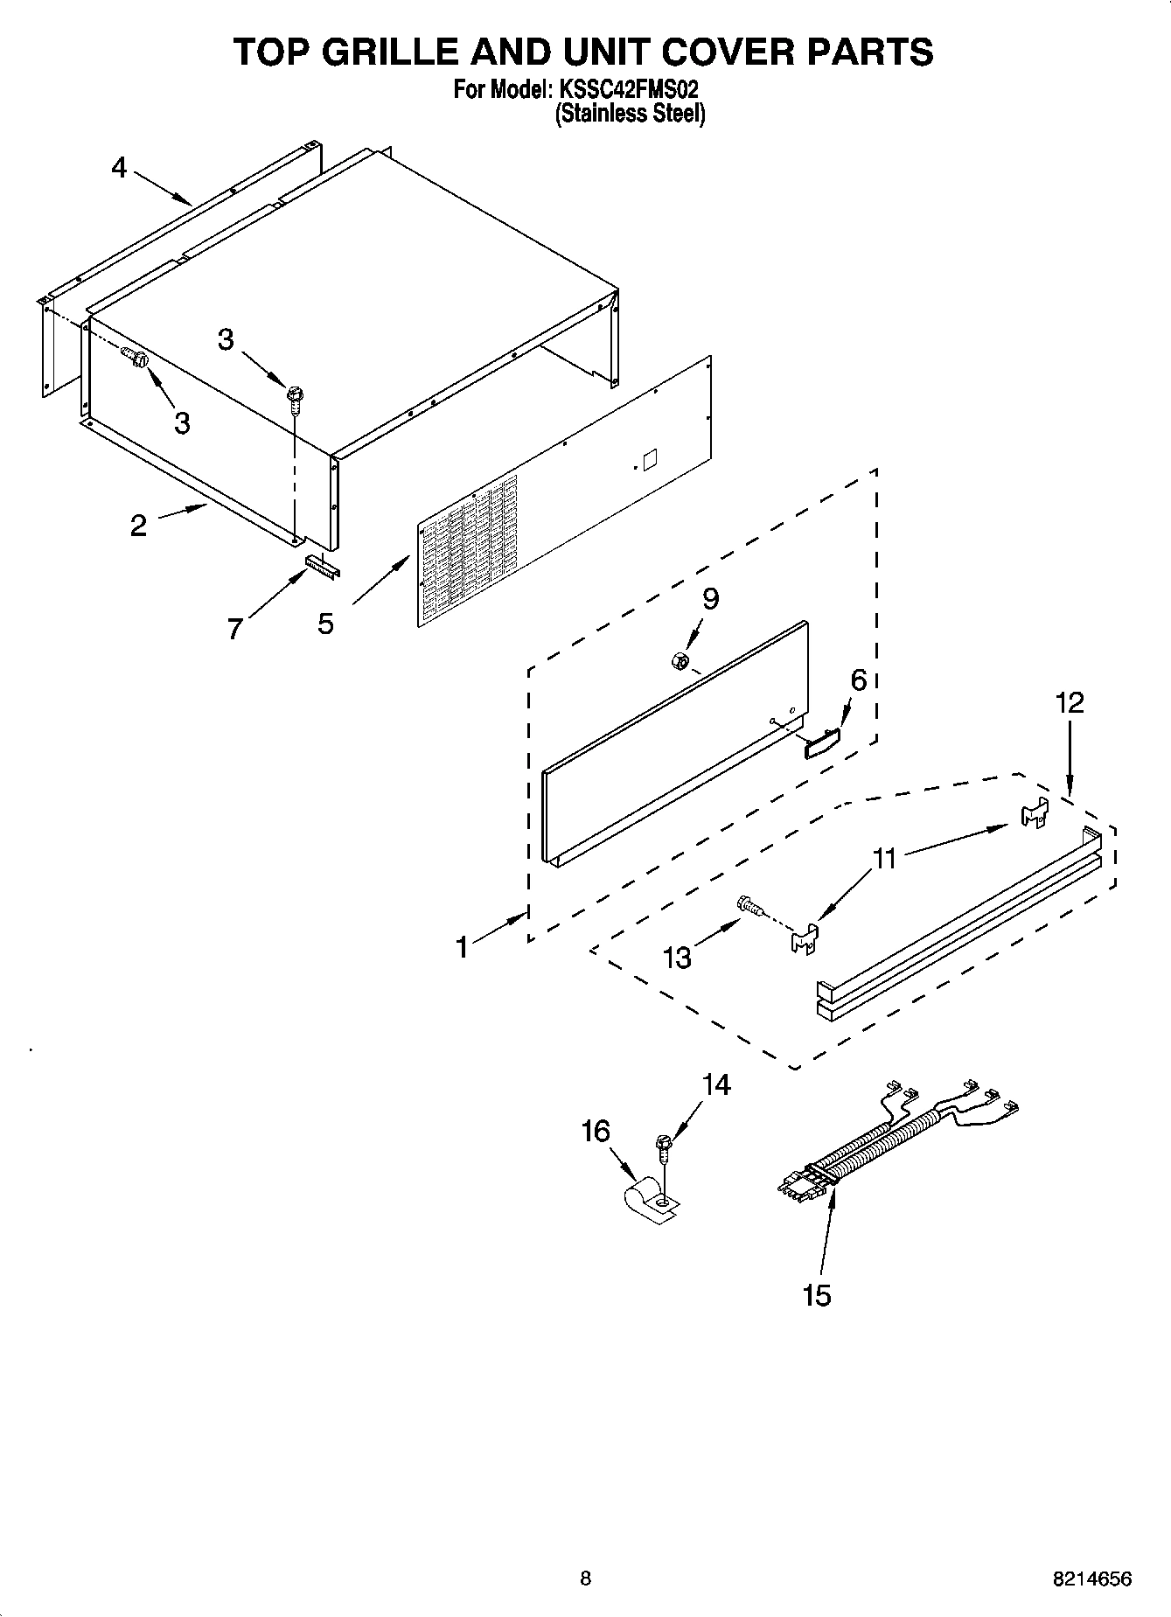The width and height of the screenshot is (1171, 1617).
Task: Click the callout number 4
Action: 119,167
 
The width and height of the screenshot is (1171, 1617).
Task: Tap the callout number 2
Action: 138,526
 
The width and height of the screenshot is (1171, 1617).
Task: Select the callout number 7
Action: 234,628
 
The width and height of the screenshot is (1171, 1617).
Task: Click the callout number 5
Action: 325,624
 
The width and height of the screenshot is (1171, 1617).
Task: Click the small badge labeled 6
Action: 822,743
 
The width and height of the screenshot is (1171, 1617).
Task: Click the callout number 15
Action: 816,1295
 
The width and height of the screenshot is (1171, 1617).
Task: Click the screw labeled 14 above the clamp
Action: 665,1147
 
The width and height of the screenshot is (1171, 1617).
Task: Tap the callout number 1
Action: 461,947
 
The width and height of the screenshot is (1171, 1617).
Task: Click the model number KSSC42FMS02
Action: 624,89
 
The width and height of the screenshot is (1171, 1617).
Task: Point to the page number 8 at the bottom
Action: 585,1579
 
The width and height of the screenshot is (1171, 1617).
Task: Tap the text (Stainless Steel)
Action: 630,113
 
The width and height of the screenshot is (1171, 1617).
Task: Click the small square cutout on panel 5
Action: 650,461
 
